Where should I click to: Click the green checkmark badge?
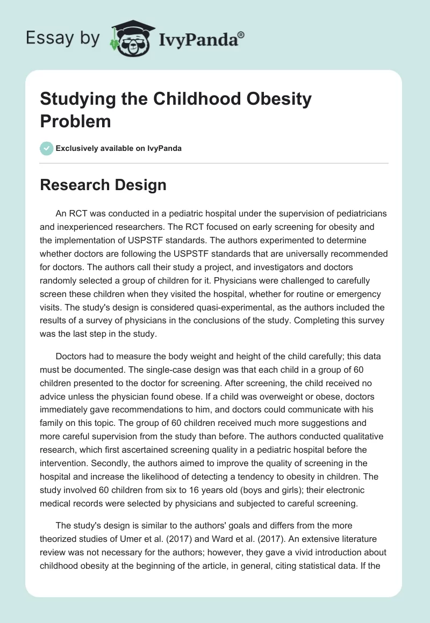47,148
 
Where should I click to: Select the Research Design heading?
103,185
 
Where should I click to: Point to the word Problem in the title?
76,121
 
